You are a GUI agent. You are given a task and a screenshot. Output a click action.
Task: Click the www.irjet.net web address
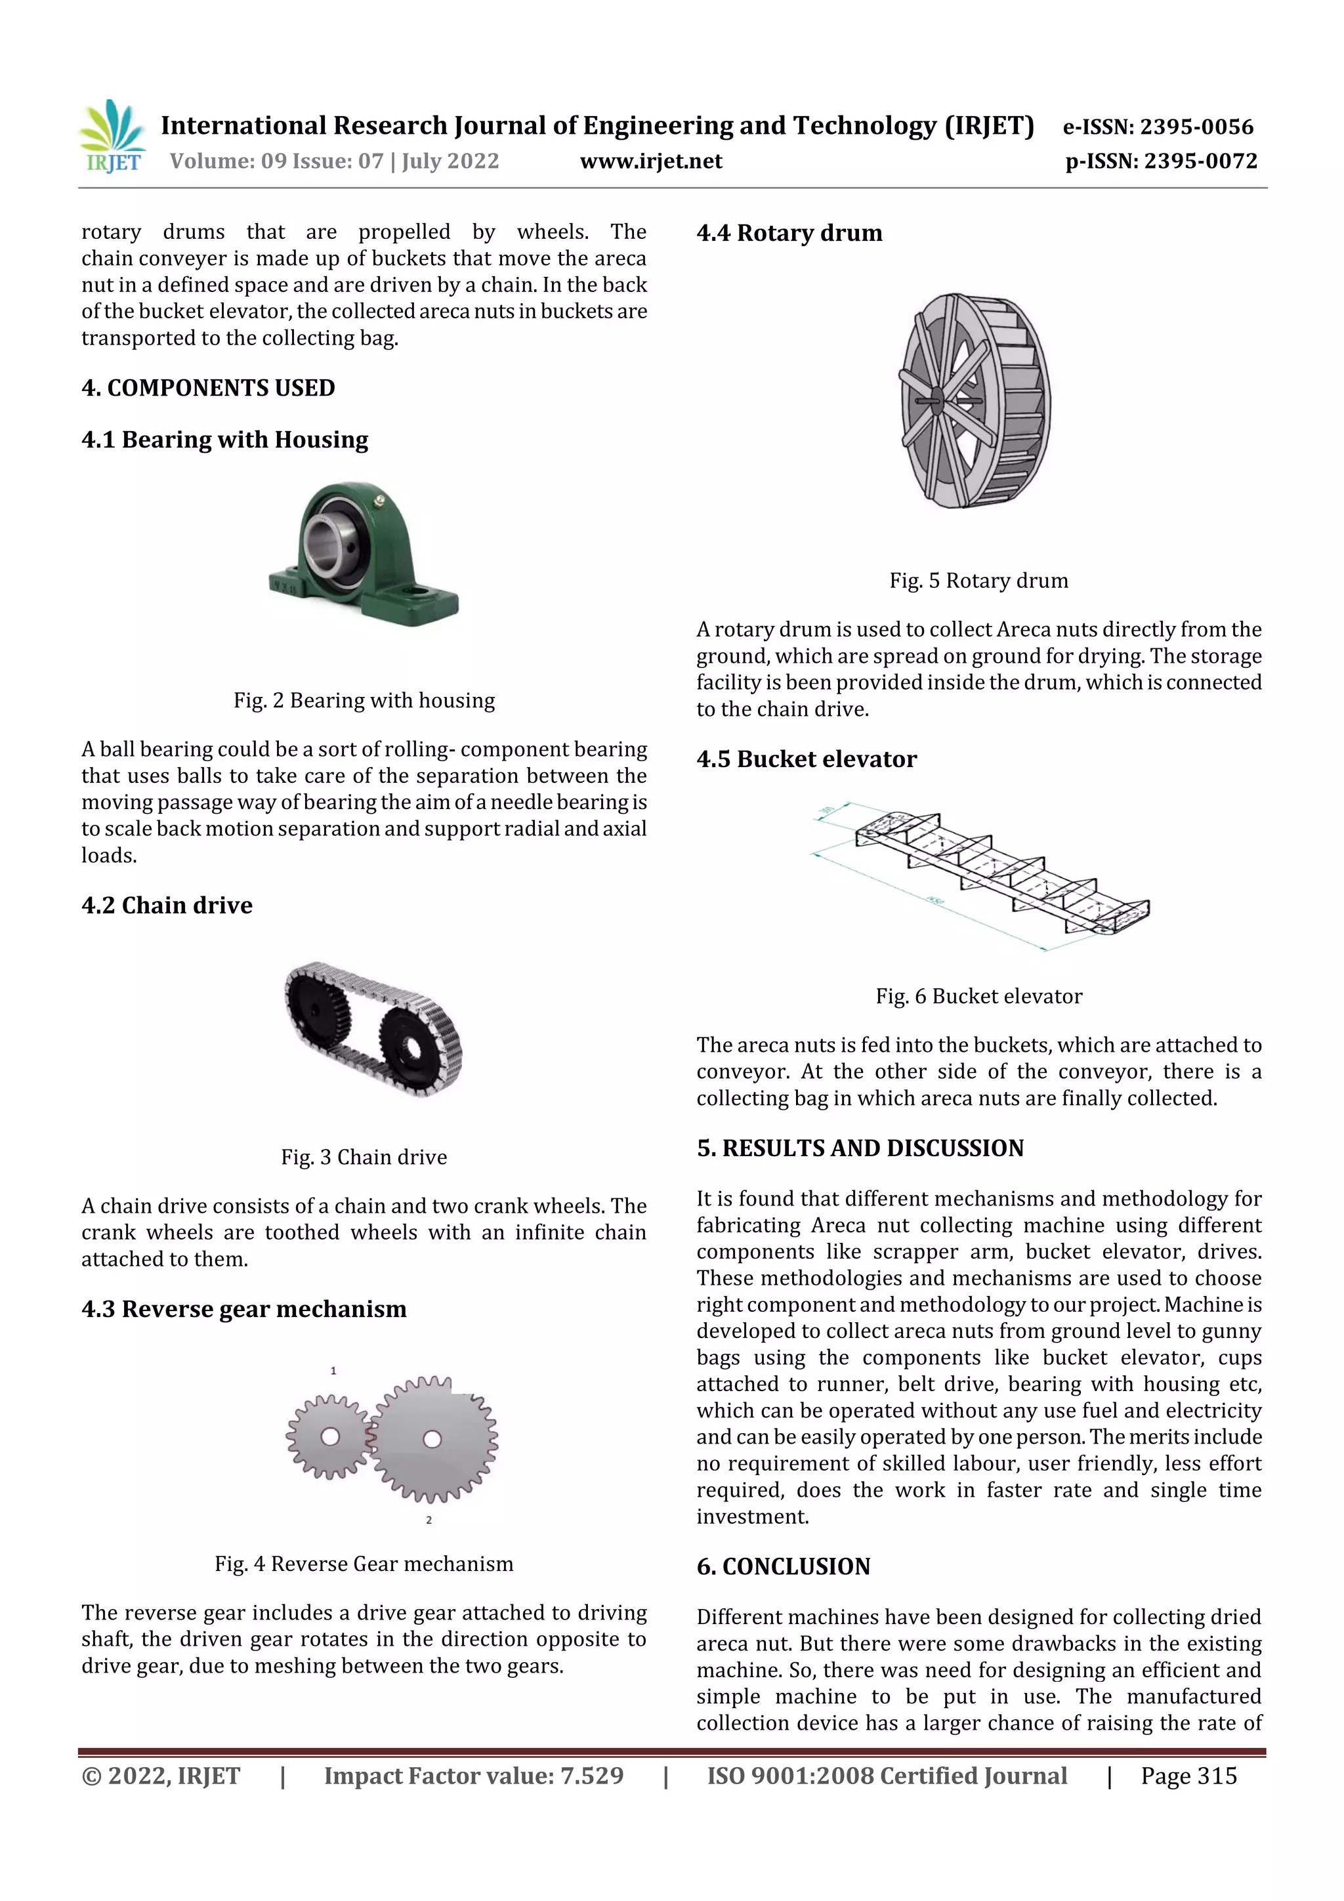click(651, 161)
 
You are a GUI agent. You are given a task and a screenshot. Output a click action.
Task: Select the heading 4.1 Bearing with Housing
click(224, 440)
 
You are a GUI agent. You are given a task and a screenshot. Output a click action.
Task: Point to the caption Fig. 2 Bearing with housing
click(364, 700)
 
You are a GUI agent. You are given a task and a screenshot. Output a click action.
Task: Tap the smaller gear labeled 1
click(329, 1436)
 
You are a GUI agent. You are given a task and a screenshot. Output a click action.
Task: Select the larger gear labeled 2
click(431, 1439)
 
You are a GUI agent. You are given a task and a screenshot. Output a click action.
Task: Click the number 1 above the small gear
click(333, 1371)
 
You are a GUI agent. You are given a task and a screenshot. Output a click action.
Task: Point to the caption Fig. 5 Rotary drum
click(979, 580)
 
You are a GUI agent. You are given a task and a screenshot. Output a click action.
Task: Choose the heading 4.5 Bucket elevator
click(807, 759)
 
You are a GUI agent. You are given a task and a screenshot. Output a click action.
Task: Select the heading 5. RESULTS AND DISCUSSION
click(860, 1148)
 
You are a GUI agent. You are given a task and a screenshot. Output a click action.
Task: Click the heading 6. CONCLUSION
click(784, 1566)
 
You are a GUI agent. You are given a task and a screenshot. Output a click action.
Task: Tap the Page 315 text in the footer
click(1188, 1775)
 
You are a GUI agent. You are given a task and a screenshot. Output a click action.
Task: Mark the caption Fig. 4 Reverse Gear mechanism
click(364, 1564)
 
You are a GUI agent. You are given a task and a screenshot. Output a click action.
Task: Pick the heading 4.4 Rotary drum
click(789, 234)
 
